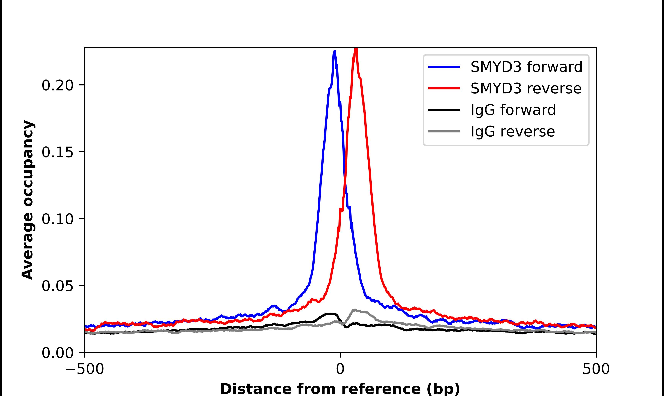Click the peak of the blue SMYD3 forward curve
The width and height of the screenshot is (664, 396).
(334, 51)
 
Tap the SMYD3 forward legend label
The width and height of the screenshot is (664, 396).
(526, 67)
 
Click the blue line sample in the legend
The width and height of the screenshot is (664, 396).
(444, 67)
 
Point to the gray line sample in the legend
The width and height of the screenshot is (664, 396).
(444, 131)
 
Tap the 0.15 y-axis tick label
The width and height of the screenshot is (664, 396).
(57, 152)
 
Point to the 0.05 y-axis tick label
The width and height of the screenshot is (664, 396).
(57, 286)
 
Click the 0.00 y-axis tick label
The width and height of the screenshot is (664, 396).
(57, 353)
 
